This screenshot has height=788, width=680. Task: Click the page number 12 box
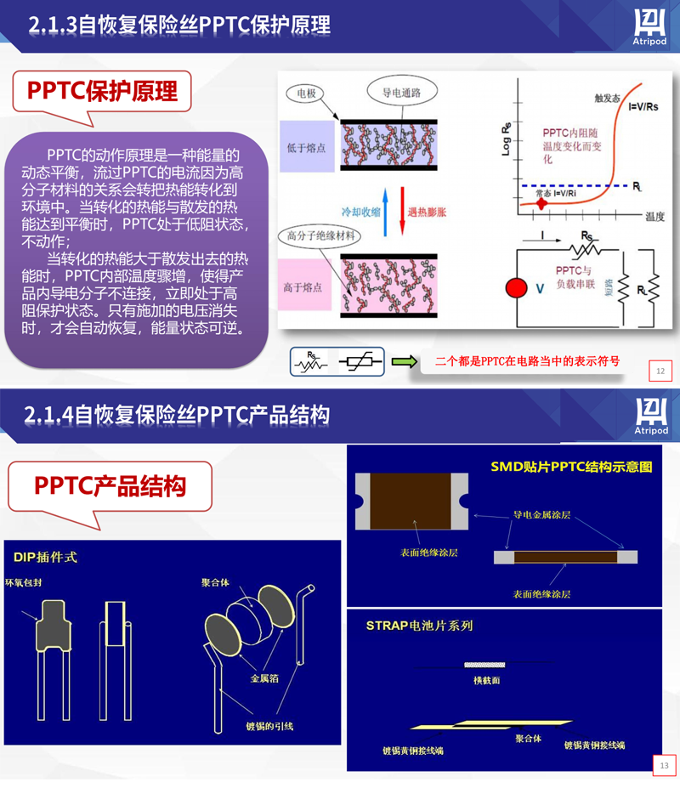pos(660,371)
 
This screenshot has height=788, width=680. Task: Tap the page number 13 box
pos(663,765)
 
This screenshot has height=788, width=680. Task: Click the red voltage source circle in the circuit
pos(516,288)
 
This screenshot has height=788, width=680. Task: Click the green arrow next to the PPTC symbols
pos(405,361)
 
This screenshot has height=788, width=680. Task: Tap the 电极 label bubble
pos(305,93)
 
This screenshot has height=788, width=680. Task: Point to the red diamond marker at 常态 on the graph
pos(541,204)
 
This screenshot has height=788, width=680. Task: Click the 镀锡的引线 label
pos(269,726)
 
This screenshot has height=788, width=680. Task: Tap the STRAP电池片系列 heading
pos(419,626)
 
